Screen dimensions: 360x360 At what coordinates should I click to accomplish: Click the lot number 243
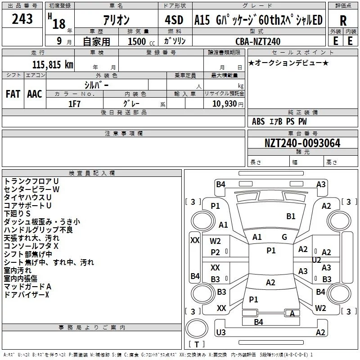(22, 19)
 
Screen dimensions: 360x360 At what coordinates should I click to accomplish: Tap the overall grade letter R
(343, 21)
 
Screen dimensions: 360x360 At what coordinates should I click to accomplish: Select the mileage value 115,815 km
(53, 64)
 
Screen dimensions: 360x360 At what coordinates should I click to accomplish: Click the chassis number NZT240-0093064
(302, 143)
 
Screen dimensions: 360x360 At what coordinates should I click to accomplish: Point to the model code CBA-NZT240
(258, 41)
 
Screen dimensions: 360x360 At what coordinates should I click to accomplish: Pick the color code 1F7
(74, 104)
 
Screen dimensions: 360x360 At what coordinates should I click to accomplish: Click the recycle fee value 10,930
(225, 103)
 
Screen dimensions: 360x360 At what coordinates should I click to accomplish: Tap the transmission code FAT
(13, 94)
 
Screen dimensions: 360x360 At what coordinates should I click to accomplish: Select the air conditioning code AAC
(35, 94)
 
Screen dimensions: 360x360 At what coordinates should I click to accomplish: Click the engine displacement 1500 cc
(141, 41)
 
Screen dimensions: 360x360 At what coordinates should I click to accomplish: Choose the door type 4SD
(174, 20)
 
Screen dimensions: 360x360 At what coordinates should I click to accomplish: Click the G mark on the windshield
(284, 237)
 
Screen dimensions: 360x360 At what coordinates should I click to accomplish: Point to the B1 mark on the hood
(291, 216)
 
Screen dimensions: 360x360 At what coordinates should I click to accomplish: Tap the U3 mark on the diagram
(221, 332)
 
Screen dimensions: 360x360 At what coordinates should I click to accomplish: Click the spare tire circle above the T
(197, 328)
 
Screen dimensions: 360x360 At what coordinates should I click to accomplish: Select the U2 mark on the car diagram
(316, 260)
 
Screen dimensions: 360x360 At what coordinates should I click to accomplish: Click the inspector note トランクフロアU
(31, 181)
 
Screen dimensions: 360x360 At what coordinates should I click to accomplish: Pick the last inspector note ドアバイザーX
(27, 295)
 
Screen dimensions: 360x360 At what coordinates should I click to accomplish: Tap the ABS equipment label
(258, 121)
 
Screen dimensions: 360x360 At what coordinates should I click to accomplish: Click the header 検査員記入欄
(92, 173)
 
